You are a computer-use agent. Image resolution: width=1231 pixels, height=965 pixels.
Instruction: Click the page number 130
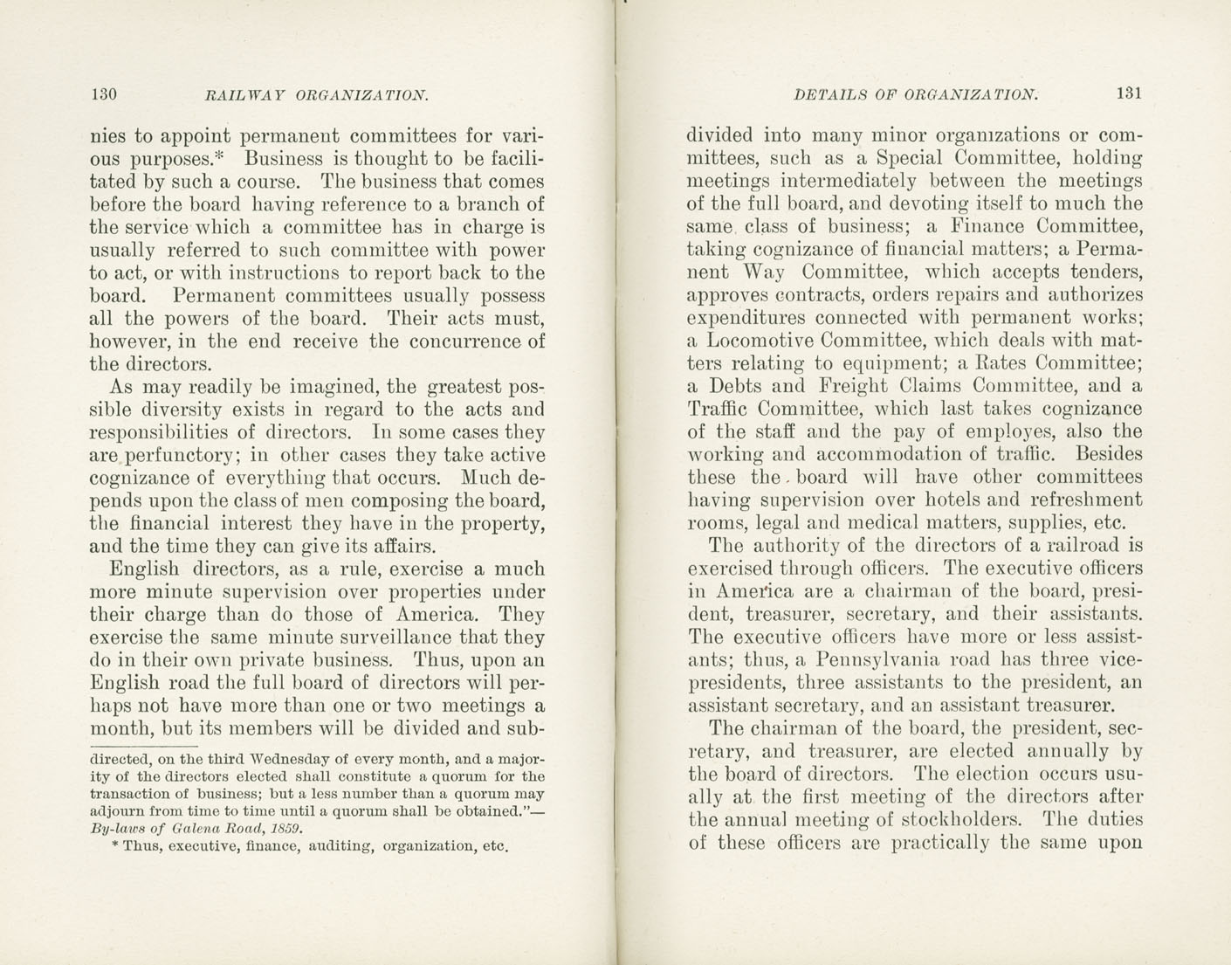103,94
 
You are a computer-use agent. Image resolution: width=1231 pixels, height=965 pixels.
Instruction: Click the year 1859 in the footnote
285,828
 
